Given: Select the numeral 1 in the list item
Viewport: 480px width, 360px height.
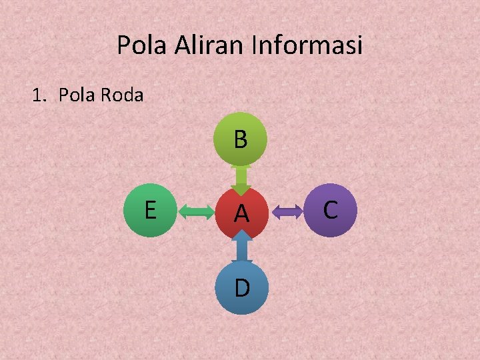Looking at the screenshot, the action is pyautogui.click(x=37, y=95).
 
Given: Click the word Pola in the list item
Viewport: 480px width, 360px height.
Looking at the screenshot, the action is pyautogui.click(x=77, y=95).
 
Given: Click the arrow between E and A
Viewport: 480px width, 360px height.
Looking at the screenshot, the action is pyautogui.click(x=195, y=213).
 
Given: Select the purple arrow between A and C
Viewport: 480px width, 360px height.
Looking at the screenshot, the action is pyautogui.click(x=287, y=213).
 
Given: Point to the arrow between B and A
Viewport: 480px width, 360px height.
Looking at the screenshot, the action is pyautogui.click(x=241, y=178).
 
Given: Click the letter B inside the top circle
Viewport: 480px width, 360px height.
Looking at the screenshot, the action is pyautogui.click(x=241, y=139).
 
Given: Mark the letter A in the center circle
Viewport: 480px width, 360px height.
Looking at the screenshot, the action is pyautogui.click(x=241, y=214).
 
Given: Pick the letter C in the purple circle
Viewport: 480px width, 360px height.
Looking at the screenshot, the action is pyautogui.click(x=330, y=209).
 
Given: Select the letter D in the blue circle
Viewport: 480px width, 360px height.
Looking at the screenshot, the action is pyautogui.click(x=242, y=287).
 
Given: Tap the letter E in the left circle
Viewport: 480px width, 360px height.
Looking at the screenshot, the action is pyautogui.click(x=151, y=209).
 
